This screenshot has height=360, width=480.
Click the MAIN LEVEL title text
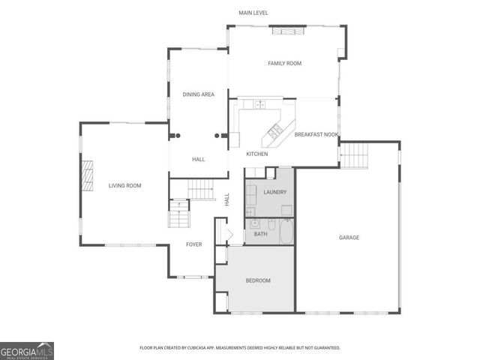[x=253, y=13]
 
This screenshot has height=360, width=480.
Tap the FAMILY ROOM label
[x=284, y=64]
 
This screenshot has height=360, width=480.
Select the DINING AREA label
[x=199, y=94]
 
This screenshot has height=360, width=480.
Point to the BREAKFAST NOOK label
[x=316, y=134]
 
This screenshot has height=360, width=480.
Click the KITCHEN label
[x=257, y=154]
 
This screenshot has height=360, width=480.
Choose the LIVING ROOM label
[x=124, y=185]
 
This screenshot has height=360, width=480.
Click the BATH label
[x=260, y=235]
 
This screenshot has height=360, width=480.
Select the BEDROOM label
[x=258, y=280]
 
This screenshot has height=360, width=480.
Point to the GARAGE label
[x=349, y=238]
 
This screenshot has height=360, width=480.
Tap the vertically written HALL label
[x=226, y=199]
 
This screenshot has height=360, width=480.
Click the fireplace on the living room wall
[x=87, y=177]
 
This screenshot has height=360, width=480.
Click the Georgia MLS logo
[x=27, y=351]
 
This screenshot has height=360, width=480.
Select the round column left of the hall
[x=178, y=136]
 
